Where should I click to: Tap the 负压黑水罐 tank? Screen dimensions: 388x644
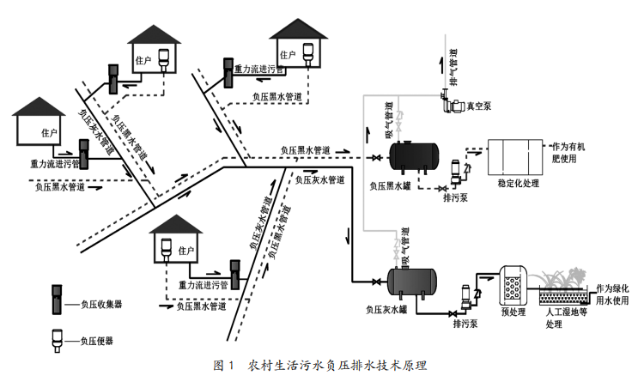coord(414,156)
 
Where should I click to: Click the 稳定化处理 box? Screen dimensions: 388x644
coord(514,157)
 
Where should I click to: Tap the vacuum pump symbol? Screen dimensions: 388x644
coord(450,106)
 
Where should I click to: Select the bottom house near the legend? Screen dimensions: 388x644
coord(179,239)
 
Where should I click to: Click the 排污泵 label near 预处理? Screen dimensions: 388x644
coord(464,324)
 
